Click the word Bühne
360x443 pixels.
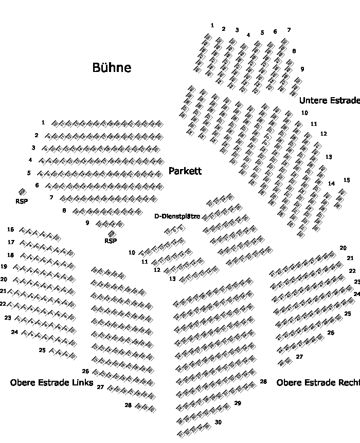point(112,68)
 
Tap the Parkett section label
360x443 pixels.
point(185,171)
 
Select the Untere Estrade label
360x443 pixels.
point(329,101)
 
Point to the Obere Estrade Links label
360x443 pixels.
point(51,383)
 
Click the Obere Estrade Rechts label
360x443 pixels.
point(318,383)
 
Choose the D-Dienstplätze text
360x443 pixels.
point(177,216)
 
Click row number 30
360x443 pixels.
point(218,422)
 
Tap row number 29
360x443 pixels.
point(237,403)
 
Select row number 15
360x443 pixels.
point(347,180)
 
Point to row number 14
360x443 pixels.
point(331,183)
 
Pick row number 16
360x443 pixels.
point(11,230)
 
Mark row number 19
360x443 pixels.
point(4,267)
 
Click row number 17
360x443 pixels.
point(11,242)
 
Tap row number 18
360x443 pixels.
point(10,255)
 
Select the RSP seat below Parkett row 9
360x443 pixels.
point(112,234)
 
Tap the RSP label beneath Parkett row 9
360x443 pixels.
point(111,241)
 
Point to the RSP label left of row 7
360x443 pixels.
point(22,201)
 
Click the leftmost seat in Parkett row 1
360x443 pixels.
point(55,123)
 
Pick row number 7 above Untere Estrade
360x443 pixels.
point(289,30)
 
